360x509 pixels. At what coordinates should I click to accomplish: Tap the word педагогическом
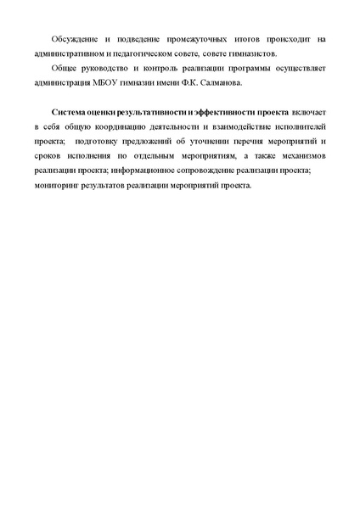coord(162,53)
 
